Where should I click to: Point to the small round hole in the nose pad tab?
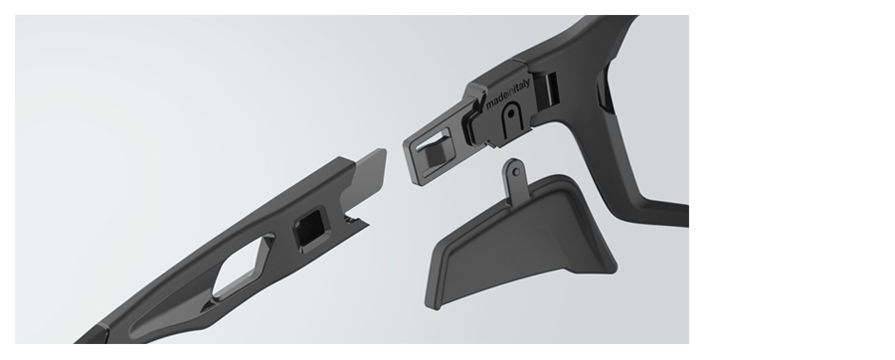click(516, 172)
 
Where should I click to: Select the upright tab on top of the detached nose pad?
click(514, 177)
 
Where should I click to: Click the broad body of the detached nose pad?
click(519, 240)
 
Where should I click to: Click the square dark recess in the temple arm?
click(310, 228)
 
